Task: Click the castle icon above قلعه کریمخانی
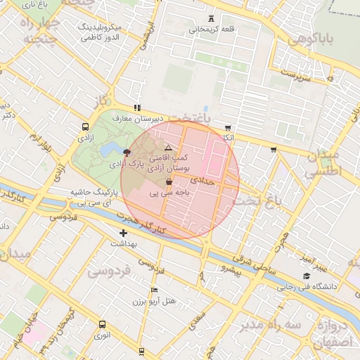pyautogui.click(x=212, y=18)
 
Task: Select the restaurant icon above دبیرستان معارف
pyautogui.click(x=137, y=108)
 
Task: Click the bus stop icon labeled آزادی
pyautogui.click(x=85, y=127)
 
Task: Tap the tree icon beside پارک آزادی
pyautogui.click(x=126, y=152)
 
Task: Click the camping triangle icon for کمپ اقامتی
pyautogui.click(x=167, y=148)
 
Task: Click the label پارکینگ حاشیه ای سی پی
pyautogui.click(x=94, y=197)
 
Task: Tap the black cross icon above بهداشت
pyautogui.click(x=124, y=233)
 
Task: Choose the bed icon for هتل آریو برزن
pyautogui.click(x=154, y=290)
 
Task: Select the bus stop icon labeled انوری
pyautogui.click(x=103, y=324)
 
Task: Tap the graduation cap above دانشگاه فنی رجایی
pyautogui.click(x=306, y=276)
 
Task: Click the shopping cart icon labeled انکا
pyautogui.click(x=227, y=128)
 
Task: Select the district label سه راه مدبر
pyautogui.click(x=269, y=325)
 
